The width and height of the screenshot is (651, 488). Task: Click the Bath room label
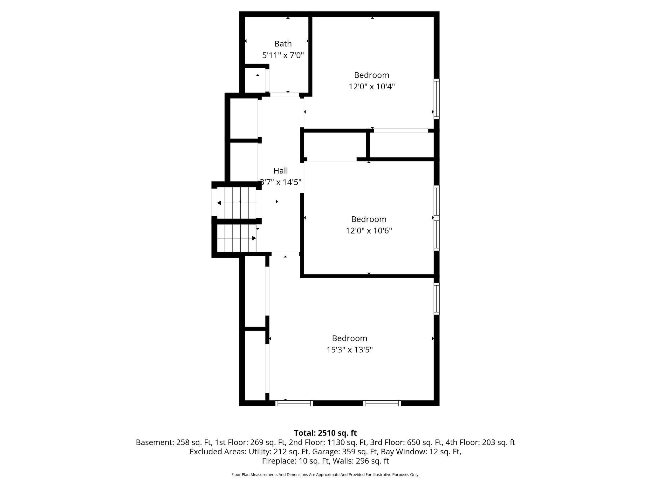click(283, 44)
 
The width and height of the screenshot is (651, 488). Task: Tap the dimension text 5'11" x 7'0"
click(283, 55)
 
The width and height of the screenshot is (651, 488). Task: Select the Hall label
click(281, 171)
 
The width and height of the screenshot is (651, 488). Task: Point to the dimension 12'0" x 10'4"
click(372, 86)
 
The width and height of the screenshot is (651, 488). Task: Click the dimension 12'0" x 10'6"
click(369, 230)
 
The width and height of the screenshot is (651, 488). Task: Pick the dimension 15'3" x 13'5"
click(350, 349)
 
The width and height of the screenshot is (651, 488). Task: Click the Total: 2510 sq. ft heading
click(325, 433)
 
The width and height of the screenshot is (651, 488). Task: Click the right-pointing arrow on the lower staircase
click(237, 238)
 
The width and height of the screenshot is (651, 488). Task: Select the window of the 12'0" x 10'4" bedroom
click(437, 99)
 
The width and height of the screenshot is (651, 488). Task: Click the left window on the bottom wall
click(294, 403)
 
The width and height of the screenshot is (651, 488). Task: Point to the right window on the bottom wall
click(382, 403)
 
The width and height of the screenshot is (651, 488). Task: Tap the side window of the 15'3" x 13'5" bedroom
click(437, 299)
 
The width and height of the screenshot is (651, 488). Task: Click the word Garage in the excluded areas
click(323, 451)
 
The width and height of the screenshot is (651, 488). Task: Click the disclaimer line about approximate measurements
click(325, 475)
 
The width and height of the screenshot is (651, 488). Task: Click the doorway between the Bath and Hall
click(284, 95)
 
